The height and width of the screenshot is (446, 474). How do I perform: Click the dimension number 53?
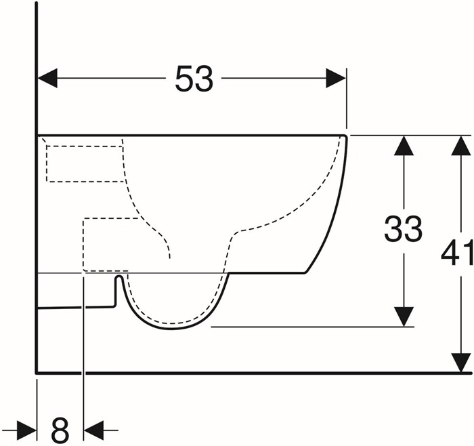coord(194,79)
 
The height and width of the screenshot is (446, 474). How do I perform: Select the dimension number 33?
coord(403,229)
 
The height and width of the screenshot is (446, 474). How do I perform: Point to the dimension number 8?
coord(60,430)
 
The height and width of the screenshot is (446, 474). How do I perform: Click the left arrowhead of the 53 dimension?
coord(47,78)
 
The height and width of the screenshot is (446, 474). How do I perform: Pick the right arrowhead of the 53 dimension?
coord(336,78)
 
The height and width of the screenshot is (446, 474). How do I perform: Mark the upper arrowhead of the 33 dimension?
coord(404,146)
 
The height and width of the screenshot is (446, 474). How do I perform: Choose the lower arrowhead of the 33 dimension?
coord(404,317)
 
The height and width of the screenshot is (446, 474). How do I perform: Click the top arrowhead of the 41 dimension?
coord(460,146)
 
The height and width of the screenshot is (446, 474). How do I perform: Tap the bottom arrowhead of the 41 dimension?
coord(460,363)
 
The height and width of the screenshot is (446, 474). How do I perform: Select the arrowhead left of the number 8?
coord(27,430)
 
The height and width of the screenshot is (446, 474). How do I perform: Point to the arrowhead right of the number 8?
coord(93,430)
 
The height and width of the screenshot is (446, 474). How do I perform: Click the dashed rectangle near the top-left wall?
coord(85,164)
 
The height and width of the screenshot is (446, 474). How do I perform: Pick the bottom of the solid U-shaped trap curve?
coord(172,329)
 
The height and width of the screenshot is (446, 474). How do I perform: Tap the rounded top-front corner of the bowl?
coord(345,137)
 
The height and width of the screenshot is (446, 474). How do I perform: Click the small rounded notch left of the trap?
coord(119,277)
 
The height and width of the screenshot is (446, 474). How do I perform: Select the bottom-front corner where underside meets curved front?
coord(306,272)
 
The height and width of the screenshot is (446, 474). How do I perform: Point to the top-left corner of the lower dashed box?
coord(83,218)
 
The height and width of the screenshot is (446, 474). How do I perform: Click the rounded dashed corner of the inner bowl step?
coord(237,232)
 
